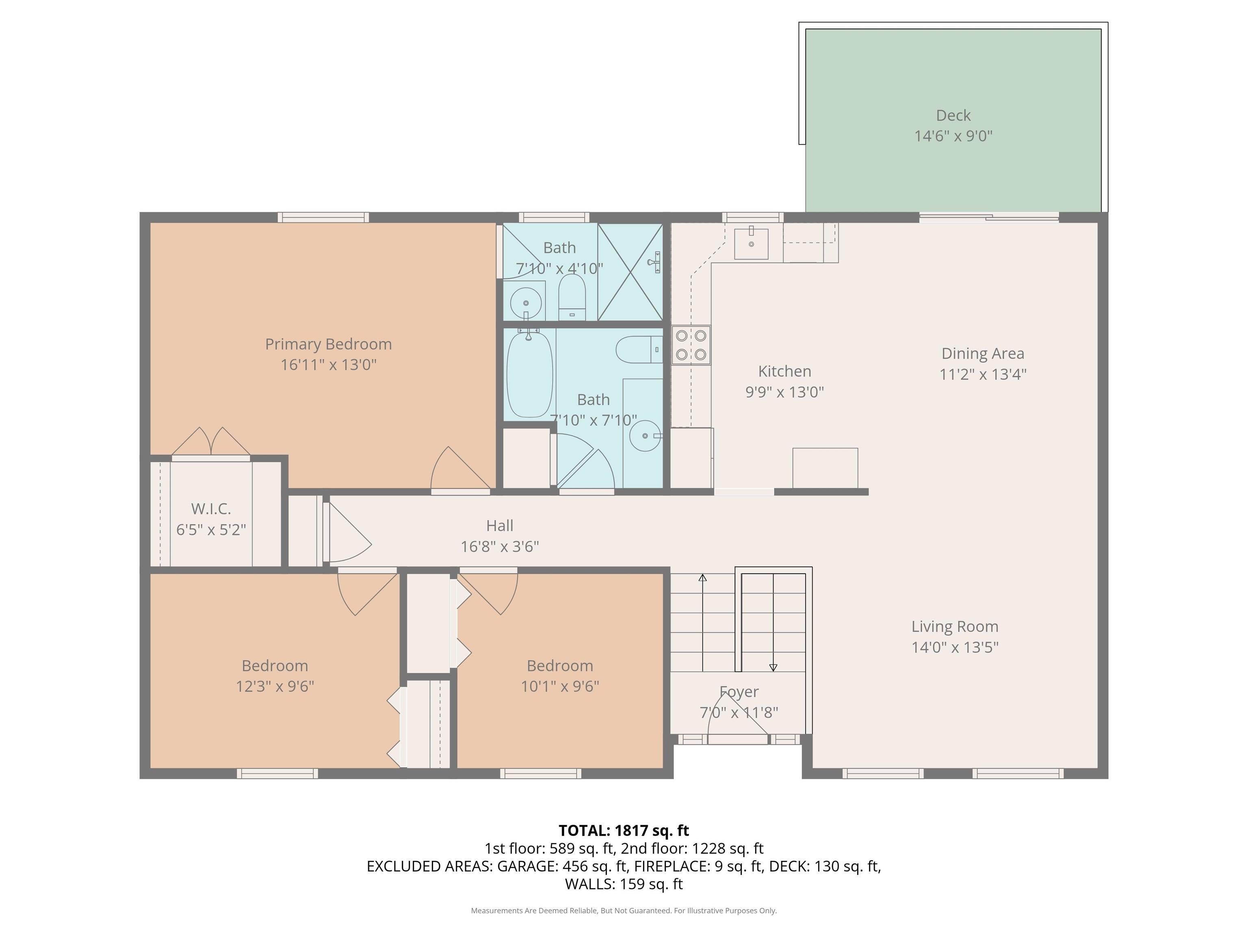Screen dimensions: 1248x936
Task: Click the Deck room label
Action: tap(953, 116)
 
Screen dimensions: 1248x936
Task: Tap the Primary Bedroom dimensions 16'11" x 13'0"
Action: tap(328, 364)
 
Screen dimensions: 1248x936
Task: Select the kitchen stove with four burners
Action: tap(691, 345)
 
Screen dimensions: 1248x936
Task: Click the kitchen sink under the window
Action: tap(751, 243)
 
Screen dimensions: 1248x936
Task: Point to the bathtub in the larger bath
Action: tap(529, 373)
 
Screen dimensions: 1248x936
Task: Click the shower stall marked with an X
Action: tap(630, 272)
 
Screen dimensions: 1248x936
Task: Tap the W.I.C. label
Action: tap(211, 509)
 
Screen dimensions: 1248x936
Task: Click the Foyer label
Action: tap(739, 692)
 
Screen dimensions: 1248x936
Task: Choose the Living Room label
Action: tap(955, 627)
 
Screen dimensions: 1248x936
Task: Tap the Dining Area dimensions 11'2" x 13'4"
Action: tap(983, 374)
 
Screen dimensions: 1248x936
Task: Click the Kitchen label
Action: tap(785, 371)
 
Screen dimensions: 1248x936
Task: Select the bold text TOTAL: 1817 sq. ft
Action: tap(624, 830)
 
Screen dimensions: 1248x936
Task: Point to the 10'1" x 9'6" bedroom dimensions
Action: tap(560, 686)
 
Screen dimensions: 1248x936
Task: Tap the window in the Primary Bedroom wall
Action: tap(323, 217)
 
